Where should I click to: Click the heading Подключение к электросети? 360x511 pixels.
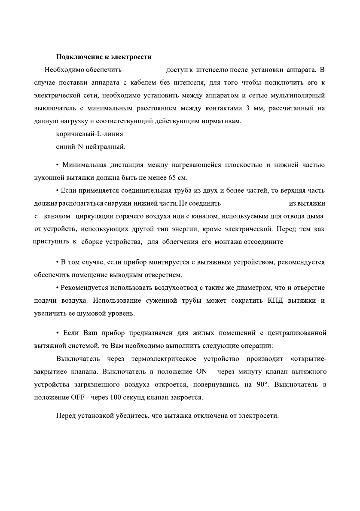(104, 57)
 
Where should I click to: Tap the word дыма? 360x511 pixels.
(316, 216)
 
